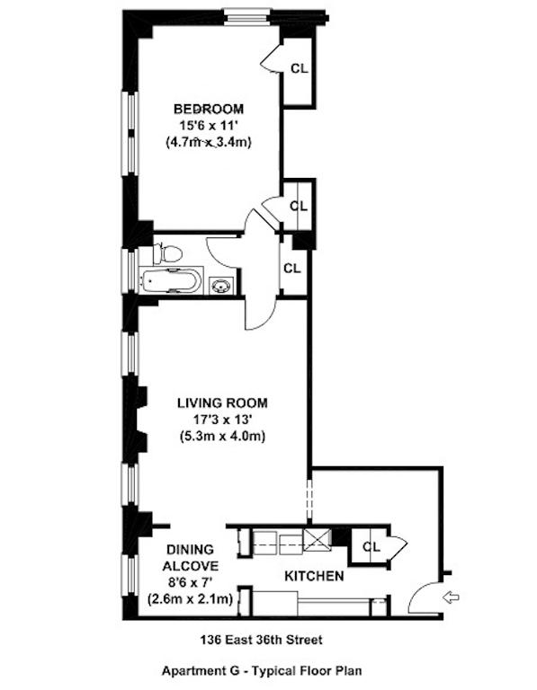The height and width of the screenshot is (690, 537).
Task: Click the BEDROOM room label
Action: [x=209, y=109]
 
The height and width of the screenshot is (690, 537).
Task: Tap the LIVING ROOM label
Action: [x=222, y=402]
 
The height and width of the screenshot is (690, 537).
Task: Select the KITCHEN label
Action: [x=314, y=576]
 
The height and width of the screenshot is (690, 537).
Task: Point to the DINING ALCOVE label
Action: [x=191, y=557]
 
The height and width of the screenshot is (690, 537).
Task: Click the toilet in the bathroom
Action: [x=168, y=254]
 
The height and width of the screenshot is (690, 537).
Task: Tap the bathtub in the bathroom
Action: [x=171, y=280]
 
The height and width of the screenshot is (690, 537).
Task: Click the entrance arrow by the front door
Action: [x=451, y=597]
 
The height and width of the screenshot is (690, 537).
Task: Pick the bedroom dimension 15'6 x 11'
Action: [x=209, y=126]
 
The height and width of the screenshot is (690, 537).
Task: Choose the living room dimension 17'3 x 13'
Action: [x=222, y=420]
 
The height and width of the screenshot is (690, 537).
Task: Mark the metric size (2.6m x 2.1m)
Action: [x=191, y=599]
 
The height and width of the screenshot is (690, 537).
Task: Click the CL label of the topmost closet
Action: [x=300, y=68]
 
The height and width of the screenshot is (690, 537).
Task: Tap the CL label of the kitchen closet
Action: [x=371, y=546]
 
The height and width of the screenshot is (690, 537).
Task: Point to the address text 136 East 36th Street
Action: [x=261, y=639]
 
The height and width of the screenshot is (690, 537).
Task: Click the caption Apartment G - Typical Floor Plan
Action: [x=262, y=670]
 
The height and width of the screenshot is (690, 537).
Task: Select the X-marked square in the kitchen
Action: [x=318, y=540]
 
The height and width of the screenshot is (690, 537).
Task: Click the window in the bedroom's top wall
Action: [x=247, y=18]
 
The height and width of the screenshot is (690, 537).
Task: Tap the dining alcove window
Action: [x=130, y=575]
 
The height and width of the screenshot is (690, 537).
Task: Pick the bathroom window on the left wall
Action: [x=130, y=270]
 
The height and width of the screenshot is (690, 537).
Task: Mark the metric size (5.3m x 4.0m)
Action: [x=222, y=436]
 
